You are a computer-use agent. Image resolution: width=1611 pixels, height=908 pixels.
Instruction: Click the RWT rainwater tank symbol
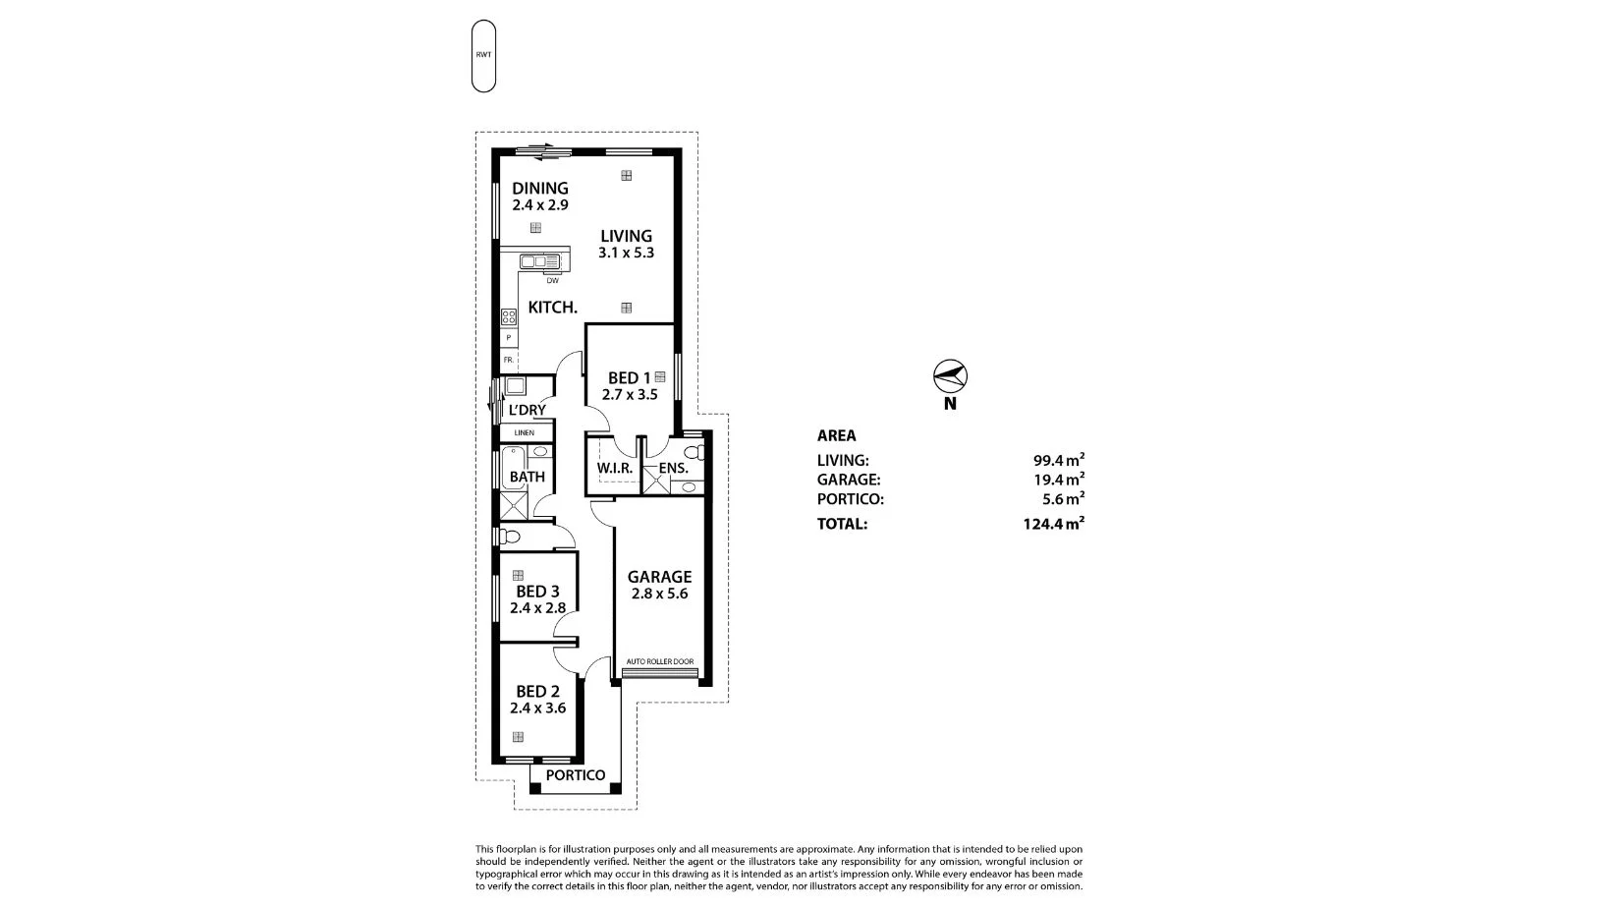483,56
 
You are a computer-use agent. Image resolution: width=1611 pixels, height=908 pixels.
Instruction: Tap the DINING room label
540,189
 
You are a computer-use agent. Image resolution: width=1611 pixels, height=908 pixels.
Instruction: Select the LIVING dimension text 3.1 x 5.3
627,253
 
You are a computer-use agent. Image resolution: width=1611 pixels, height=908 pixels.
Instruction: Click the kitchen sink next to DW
539,261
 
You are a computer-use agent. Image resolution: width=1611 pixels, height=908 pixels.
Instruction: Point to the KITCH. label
553,308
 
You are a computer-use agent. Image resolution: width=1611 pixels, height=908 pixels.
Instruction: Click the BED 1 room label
629,377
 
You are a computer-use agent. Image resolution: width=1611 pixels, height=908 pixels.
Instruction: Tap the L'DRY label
528,410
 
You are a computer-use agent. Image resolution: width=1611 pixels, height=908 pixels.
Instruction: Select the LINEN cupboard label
525,432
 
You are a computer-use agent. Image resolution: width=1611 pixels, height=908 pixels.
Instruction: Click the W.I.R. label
615,469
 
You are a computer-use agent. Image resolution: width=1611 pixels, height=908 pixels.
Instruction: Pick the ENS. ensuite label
673,469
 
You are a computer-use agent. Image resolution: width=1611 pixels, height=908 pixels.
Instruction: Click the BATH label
528,477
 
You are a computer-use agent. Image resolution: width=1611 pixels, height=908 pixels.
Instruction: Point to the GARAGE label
660,577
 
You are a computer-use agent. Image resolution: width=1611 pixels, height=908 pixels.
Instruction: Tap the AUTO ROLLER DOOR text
660,661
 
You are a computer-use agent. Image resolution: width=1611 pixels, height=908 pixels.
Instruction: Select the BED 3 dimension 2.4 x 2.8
537,608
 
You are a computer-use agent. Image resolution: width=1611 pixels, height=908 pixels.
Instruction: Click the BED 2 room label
537,691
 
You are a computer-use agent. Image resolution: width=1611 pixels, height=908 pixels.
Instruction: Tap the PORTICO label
576,775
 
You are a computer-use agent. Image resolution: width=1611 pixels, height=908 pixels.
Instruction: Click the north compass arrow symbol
950,375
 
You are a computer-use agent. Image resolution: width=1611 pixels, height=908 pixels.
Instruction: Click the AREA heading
837,435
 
